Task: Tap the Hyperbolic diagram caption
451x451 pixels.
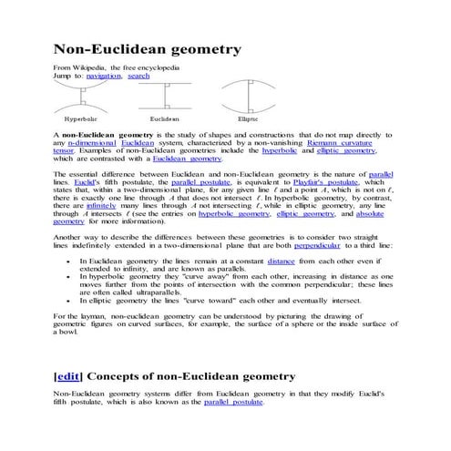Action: point(81,119)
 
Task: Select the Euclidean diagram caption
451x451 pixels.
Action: point(165,119)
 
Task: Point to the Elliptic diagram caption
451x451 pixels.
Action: point(248,119)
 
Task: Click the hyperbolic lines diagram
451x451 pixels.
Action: point(81,97)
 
